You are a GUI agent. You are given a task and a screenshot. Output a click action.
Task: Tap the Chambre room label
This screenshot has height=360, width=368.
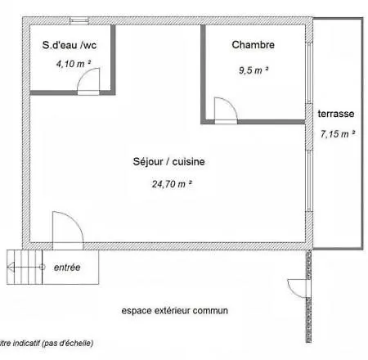(x=253, y=45)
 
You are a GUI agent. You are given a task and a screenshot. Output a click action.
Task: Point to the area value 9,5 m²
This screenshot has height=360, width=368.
(x=254, y=70)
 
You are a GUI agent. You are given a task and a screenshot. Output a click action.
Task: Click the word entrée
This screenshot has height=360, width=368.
(x=67, y=267)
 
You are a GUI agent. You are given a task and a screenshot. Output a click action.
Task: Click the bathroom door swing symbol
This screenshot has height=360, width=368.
(x=89, y=81)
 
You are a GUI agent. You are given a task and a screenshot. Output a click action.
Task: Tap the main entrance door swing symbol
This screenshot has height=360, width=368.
(x=66, y=230)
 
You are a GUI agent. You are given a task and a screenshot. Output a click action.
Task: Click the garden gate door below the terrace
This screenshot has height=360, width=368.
(x=296, y=289)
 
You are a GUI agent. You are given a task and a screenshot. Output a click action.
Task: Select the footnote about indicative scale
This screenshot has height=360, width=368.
(x=47, y=343)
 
